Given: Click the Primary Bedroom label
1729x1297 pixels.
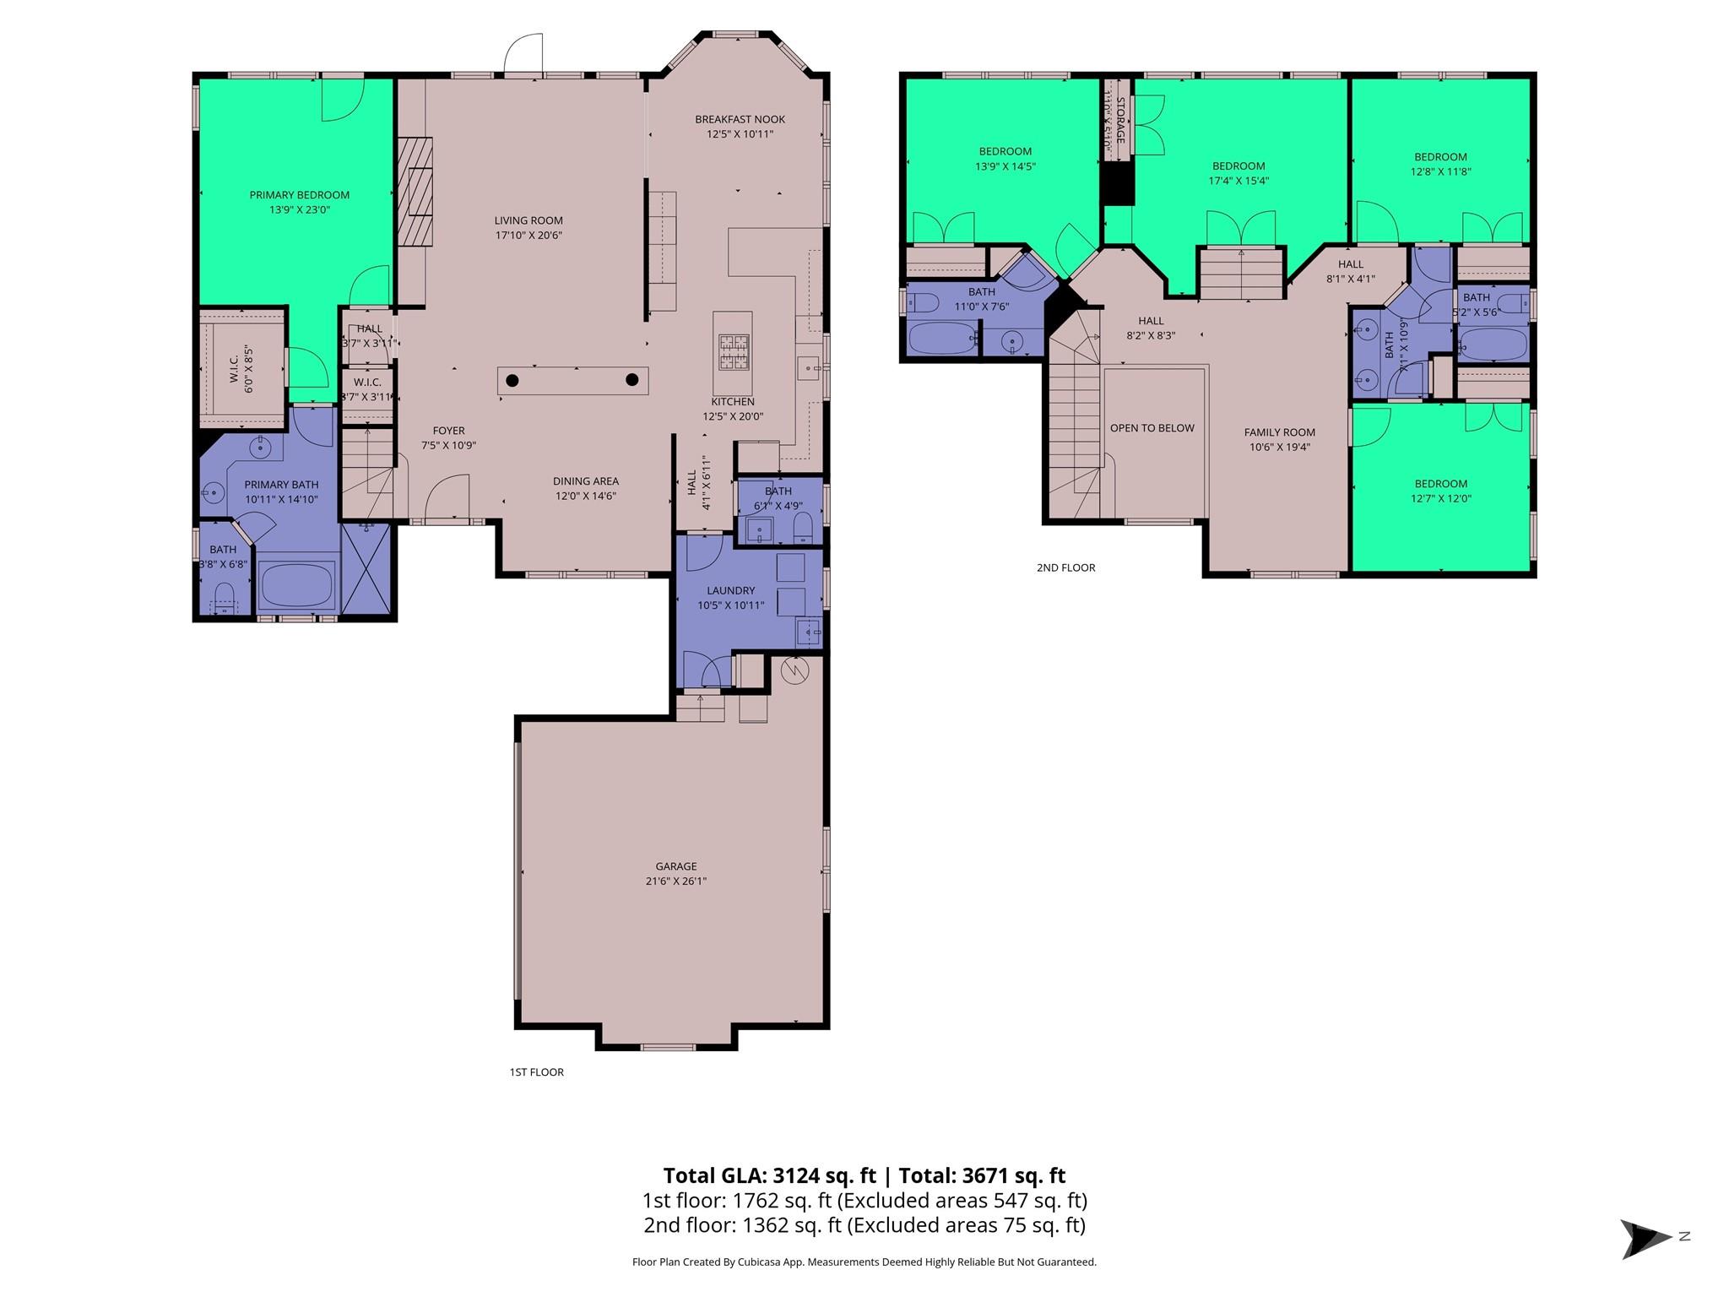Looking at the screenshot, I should (299, 195).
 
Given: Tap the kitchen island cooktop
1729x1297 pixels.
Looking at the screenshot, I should (733, 352).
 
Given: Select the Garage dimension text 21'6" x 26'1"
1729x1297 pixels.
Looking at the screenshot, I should (676, 881).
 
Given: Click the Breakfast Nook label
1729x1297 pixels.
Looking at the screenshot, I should (740, 119).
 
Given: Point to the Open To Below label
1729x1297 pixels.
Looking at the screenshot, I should (1152, 428).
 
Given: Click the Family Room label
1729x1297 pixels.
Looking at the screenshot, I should (1279, 432).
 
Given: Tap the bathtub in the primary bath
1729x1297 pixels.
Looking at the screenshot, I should (296, 584).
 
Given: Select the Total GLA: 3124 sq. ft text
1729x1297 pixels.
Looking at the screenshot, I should (769, 1175).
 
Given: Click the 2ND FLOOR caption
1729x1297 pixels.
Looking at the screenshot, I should (1065, 567).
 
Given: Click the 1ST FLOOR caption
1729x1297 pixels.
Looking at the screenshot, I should (536, 1072).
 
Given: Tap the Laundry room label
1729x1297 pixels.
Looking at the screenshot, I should (731, 590).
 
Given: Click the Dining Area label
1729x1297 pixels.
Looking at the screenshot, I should (585, 481).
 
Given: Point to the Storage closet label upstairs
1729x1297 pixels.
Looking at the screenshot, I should (1120, 120).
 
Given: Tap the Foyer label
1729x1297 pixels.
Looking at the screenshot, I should (448, 431).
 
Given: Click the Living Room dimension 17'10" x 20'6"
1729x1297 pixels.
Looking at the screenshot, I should (528, 236).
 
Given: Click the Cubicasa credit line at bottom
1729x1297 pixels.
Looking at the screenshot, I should (864, 1262).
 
